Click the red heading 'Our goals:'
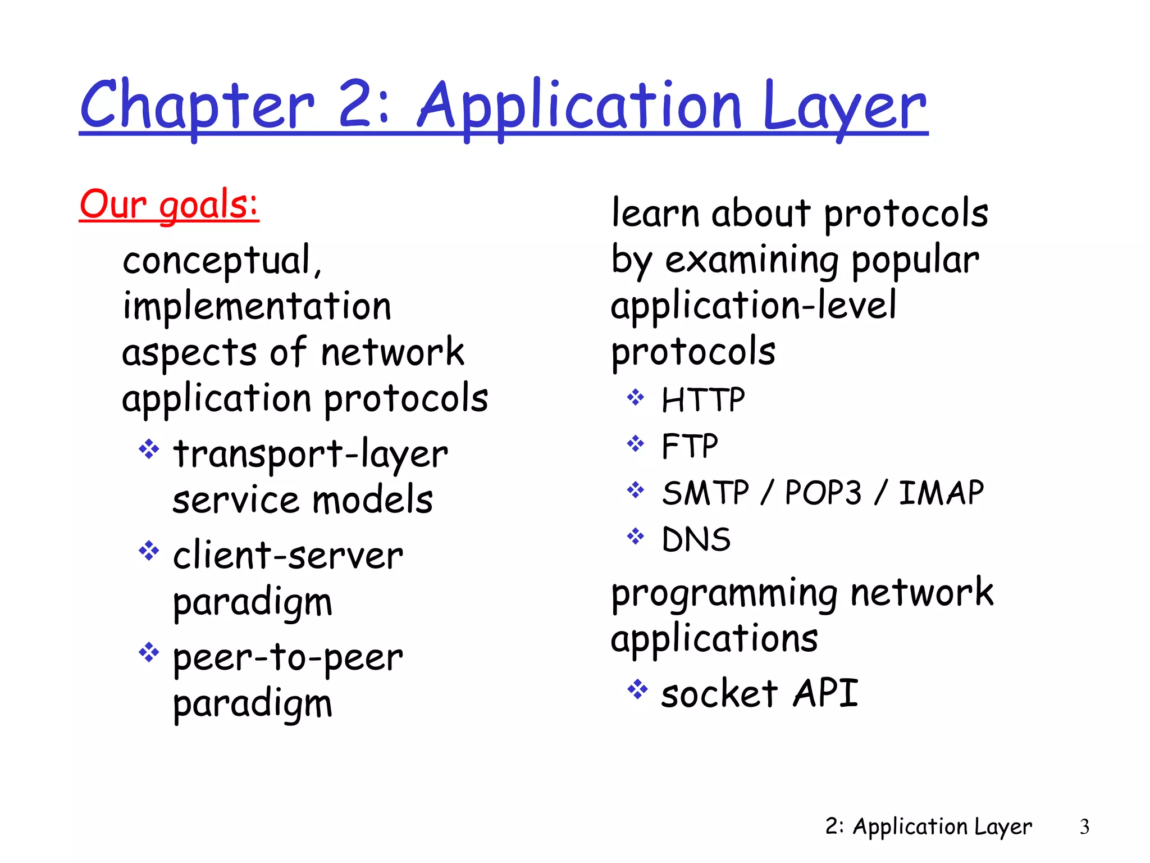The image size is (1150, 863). (x=169, y=205)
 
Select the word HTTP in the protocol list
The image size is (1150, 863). (x=703, y=400)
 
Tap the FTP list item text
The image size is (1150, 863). (x=690, y=447)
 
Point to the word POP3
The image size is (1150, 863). (x=823, y=493)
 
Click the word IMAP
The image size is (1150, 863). (x=941, y=493)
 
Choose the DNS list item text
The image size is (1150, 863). (x=696, y=539)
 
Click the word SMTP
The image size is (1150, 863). (x=705, y=493)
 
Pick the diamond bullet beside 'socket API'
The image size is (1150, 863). (x=637, y=689)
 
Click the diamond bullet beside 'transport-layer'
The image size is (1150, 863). (x=149, y=449)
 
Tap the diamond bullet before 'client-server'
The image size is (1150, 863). (x=149, y=551)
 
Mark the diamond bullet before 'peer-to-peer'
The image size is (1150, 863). (x=149, y=652)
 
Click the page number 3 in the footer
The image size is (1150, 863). (x=1084, y=826)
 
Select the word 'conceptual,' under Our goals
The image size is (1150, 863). (x=222, y=261)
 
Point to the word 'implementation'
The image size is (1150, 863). (x=257, y=307)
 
